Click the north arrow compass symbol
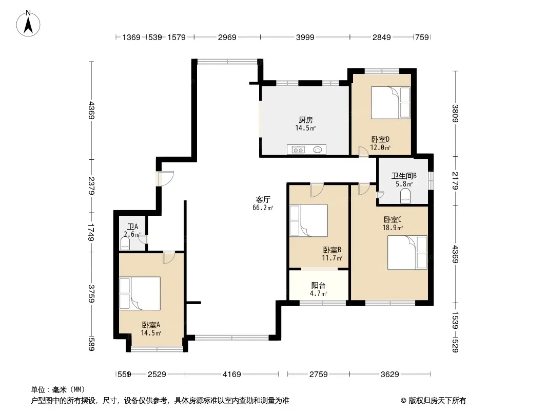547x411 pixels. (x=28, y=23)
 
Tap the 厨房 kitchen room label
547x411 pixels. (x=306, y=120)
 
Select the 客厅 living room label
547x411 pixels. (x=263, y=199)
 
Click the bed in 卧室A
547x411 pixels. (x=140, y=293)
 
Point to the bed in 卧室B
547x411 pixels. (x=309, y=220)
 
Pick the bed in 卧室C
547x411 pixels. (x=407, y=252)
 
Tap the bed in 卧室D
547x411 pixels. (x=390, y=103)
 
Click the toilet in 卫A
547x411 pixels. (x=125, y=243)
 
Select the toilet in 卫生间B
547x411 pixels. (x=405, y=196)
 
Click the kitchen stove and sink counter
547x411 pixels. (x=307, y=150)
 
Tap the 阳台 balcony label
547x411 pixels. (x=318, y=285)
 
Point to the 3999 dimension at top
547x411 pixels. (x=305, y=37)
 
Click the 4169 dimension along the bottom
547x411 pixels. (x=231, y=375)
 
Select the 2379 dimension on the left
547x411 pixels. (x=91, y=186)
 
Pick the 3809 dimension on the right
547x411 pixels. (x=455, y=114)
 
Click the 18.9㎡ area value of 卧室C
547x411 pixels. (x=393, y=228)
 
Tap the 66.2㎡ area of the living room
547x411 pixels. (x=263, y=208)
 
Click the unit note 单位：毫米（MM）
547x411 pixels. (x=58, y=389)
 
